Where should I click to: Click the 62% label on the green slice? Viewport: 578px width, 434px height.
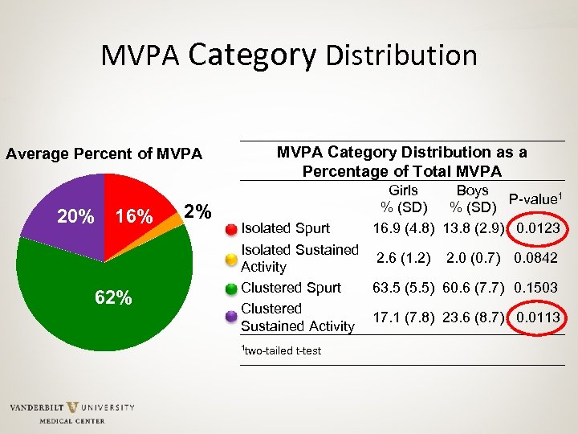[x=113, y=297]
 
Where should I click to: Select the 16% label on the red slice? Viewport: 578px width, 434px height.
[x=134, y=217]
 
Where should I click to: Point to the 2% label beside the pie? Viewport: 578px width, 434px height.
[x=197, y=211]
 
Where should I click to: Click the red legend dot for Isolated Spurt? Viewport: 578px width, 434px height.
[x=231, y=230]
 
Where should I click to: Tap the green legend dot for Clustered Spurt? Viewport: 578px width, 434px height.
[x=231, y=288]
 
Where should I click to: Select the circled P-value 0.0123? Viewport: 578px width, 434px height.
[x=538, y=229]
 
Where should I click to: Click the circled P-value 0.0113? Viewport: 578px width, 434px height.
[x=538, y=317]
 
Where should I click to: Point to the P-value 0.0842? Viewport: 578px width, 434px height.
[x=538, y=258]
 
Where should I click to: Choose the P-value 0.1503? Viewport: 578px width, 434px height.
[x=538, y=288]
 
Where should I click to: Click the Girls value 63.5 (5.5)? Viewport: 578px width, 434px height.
[x=403, y=288]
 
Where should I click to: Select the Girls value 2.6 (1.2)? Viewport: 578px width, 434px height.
[x=403, y=258]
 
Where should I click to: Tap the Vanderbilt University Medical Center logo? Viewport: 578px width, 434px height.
[x=72, y=411]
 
